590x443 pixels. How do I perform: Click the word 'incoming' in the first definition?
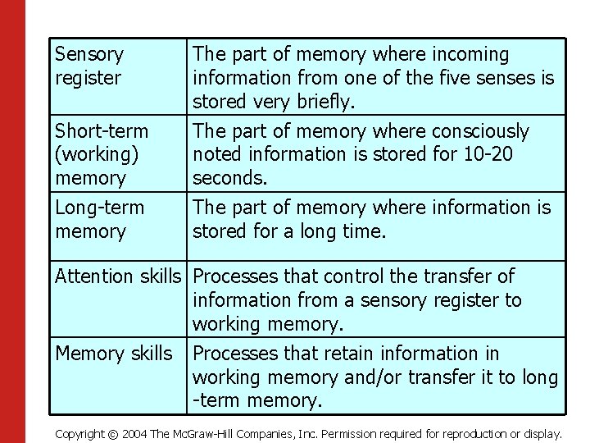470,55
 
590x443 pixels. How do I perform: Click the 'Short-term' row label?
102,131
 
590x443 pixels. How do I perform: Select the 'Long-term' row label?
99,208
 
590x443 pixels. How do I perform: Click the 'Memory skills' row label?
114,354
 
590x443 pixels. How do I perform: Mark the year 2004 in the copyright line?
134,433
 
